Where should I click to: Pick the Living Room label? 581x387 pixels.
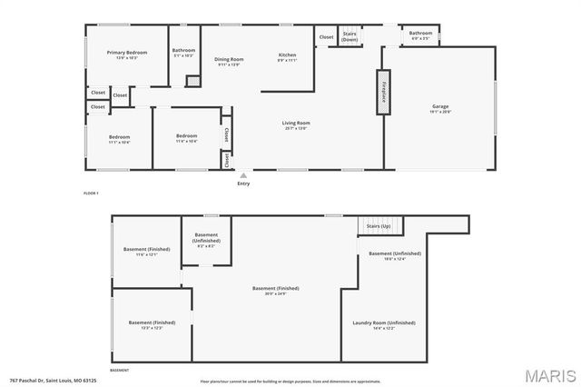coord(296,124)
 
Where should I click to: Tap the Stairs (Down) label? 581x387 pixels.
coord(350,37)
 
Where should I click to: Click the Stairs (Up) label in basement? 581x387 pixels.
coord(379,225)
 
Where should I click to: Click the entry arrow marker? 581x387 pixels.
coord(242,175)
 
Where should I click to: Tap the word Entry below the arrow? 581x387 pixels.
coord(243,184)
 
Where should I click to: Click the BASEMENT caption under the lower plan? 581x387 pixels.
coord(119,371)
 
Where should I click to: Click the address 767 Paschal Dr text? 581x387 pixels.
coord(53,381)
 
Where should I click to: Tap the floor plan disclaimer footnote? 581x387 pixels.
coord(290,382)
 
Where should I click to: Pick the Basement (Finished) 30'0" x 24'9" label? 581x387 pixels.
coord(269,291)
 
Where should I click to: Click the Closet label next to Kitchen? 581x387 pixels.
coord(326,36)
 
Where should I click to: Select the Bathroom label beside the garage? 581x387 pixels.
coord(420,35)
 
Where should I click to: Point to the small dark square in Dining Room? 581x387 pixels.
coord(192,81)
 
